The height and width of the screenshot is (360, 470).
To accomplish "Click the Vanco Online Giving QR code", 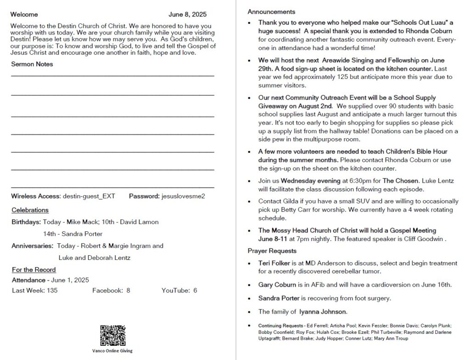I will (112, 336).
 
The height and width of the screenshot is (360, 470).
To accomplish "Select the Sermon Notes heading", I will (32, 64).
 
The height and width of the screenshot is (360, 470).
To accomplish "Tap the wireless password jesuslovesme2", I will (183, 196).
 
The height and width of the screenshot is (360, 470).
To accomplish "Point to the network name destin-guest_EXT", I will (89, 196).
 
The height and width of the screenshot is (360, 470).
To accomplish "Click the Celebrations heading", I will (30, 210).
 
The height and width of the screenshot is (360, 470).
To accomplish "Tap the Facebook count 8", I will (129, 290).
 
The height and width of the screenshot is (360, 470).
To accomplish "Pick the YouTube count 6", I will (195, 290).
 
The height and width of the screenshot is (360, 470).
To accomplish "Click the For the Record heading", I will (34, 270).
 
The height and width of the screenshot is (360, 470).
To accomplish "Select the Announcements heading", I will (271, 11).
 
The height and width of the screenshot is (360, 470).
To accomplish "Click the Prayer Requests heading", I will (272, 251).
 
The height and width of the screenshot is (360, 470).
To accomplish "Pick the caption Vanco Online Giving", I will (112, 351).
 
